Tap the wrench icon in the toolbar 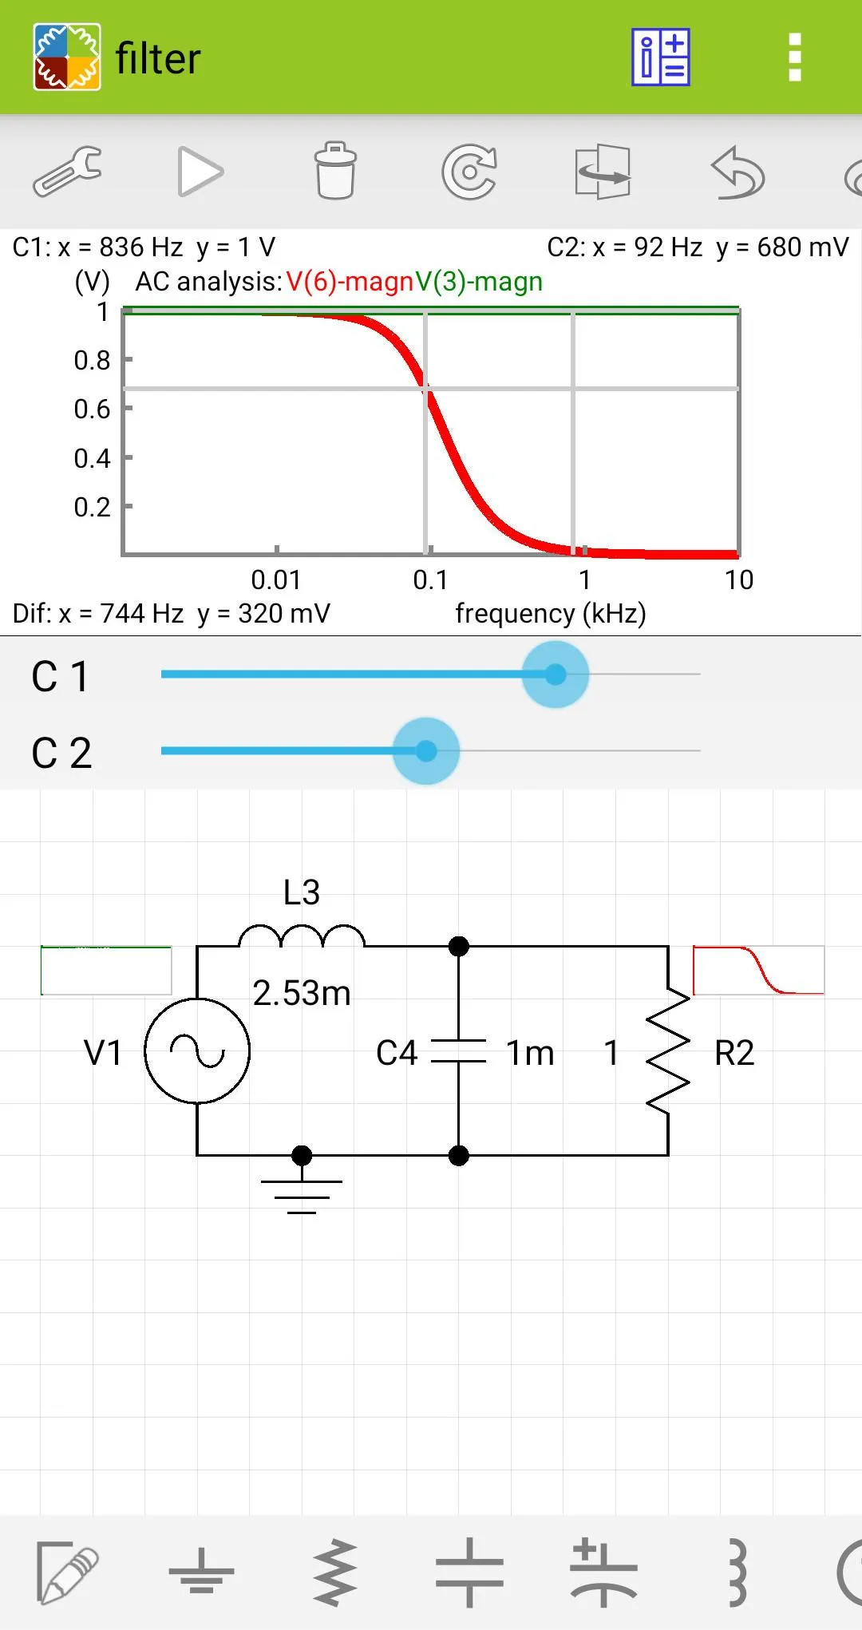click(67, 171)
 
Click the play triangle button click(200, 171)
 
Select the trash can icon click(335, 171)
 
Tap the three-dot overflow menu click(794, 57)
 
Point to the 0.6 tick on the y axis click(93, 409)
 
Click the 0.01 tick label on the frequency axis click(275, 580)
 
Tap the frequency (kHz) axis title click(550, 613)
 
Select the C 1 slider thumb click(556, 675)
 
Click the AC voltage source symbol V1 click(197, 1050)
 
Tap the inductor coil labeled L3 click(302, 936)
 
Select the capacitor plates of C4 click(458, 1051)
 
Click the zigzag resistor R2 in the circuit click(668, 1050)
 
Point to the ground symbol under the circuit click(302, 1194)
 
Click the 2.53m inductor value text click(302, 993)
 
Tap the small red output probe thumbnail click(758, 970)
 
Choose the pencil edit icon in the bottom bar click(67, 1573)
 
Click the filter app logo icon click(67, 57)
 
